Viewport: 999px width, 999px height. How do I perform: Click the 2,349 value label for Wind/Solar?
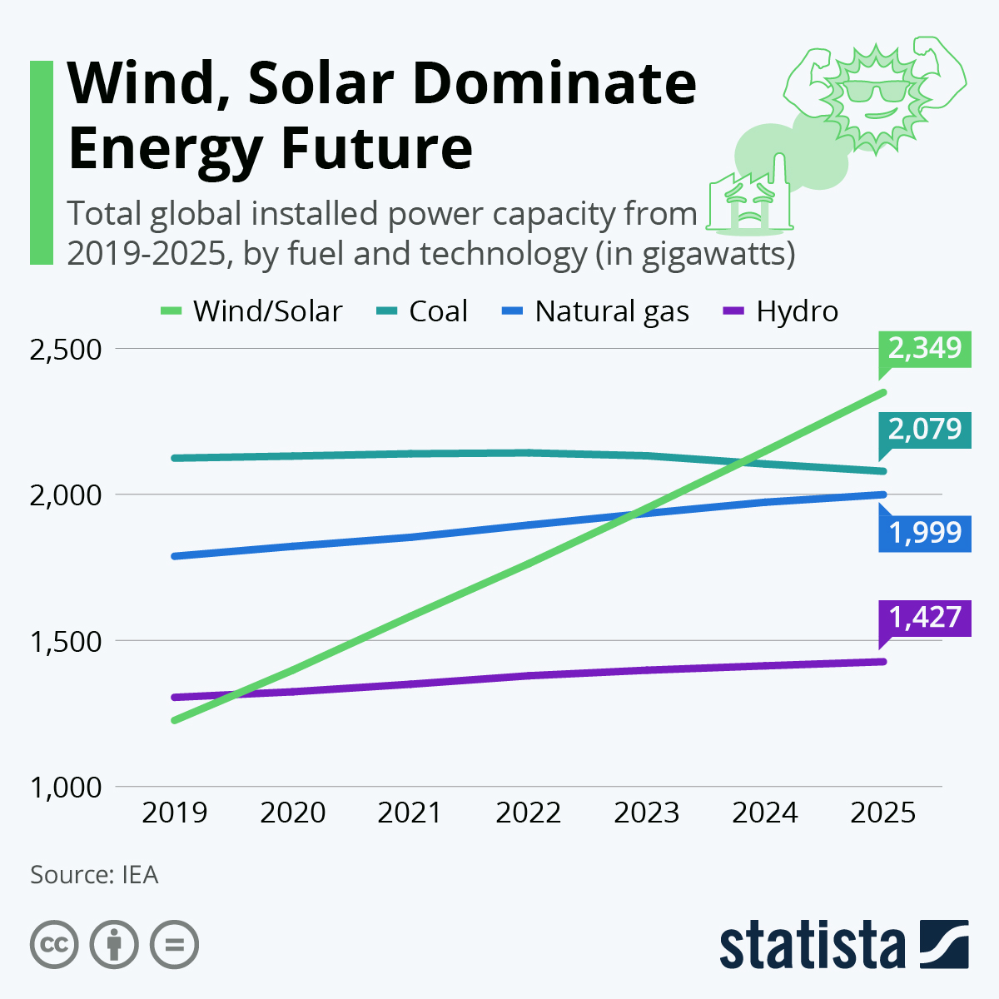point(925,348)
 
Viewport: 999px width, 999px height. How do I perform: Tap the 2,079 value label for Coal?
point(925,430)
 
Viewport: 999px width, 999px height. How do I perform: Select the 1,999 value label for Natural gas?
point(925,532)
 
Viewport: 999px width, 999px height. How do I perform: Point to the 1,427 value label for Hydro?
point(925,618)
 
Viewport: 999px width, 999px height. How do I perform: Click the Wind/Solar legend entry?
point(251,311)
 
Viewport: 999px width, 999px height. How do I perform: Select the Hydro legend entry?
point(781,311)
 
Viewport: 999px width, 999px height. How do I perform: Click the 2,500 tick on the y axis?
point(66,349)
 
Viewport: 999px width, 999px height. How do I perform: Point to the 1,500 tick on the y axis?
point(66,641)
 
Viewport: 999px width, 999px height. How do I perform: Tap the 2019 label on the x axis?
point(175,813)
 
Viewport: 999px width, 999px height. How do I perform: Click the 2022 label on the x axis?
point(529,813)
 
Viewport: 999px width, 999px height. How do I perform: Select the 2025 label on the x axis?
point(883,813)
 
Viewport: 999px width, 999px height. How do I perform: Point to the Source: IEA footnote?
point(94,875)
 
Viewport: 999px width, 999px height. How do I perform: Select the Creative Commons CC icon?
point(55,945)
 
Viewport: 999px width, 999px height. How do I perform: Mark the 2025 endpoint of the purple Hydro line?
point(882,662)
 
